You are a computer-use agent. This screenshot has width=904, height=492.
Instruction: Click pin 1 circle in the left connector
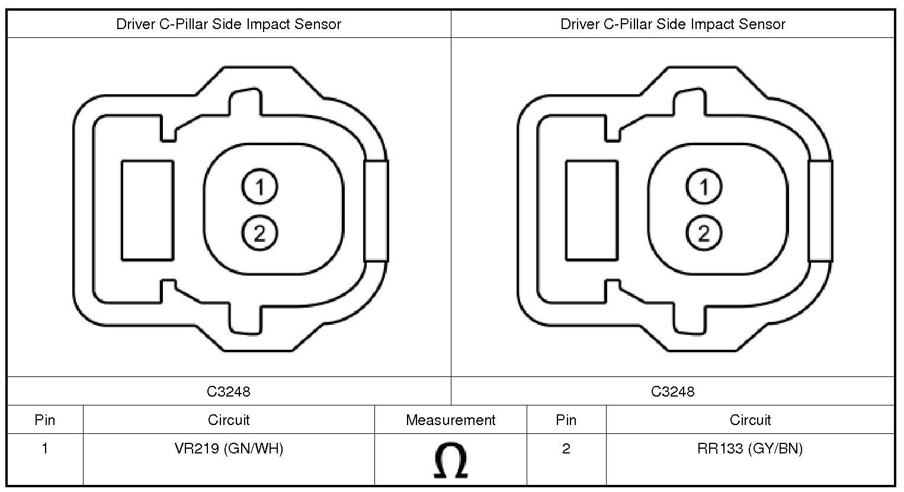coord(259,187)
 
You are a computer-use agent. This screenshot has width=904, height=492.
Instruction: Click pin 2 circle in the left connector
coord(259,233)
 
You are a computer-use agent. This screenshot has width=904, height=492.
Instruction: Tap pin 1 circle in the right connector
coord(704,187)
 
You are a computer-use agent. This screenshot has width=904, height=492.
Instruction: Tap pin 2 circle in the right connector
coord(704,233)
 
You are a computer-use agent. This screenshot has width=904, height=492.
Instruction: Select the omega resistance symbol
coord(451,460)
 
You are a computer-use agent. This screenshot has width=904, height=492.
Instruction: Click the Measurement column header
coord(450,420)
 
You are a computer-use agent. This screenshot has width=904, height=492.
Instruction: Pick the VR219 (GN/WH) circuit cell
coord(229,448)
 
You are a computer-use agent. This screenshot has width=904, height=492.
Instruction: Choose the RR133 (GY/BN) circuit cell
coord(750,448)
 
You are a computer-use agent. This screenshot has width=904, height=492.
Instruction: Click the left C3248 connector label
coord(229,391)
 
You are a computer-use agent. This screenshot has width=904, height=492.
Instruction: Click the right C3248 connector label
coord(673,391)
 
